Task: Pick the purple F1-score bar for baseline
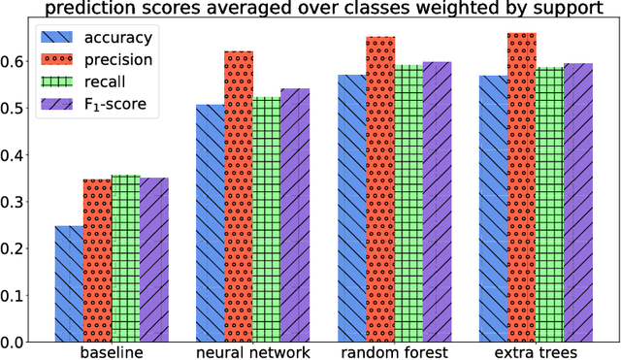pyautogui.click(x=153, y=259)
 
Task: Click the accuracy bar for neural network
pyautogui.click(x=210, y=222)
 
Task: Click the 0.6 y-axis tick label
pyautogui.click(x=16, y=61)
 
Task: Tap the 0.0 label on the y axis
pyautogui.click(x=16, y=342)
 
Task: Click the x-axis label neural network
pyautogui.click(x=252, y=354)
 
